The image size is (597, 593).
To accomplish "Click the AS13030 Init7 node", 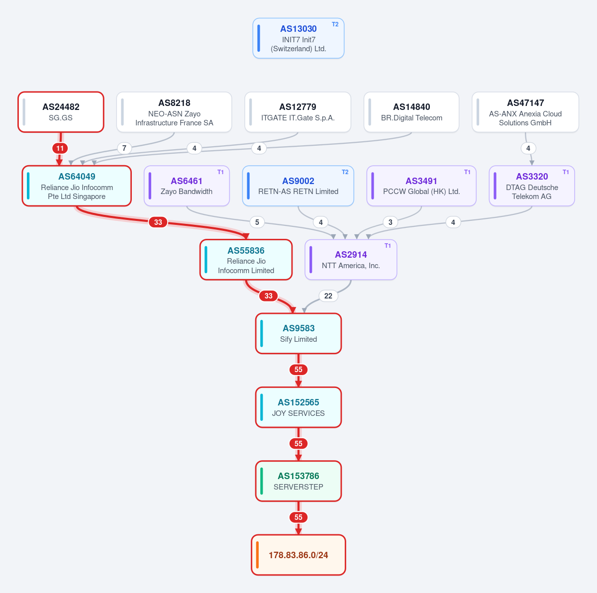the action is click(298, 38).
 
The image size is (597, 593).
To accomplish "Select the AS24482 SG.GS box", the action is click(61, 112).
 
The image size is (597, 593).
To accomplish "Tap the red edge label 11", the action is click(60, 148).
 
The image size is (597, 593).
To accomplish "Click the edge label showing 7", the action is click(124, 148).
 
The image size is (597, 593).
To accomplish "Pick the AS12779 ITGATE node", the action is click(298, 112).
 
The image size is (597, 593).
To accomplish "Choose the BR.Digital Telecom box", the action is click(411, 112).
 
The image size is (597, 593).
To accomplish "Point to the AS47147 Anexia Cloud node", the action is click(525, 112).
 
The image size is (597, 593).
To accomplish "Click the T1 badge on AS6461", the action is click(220, 172).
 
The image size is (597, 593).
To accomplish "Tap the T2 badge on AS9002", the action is click(345, 172).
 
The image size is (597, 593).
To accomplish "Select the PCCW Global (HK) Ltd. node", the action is click(421, 186).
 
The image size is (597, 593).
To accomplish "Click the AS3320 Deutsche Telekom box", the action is click(532, 186).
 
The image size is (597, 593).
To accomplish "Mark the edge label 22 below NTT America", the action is click(328, 296).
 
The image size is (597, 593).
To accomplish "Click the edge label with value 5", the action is click(257, 222).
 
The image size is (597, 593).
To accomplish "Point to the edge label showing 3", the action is click(391, 222).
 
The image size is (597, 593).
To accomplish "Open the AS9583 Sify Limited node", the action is click(298, 333).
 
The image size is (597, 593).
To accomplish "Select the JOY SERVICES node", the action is click(298, 407).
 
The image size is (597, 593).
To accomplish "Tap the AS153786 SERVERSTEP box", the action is click(298, 481).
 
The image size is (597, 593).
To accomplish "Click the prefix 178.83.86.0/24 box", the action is click(298, 555).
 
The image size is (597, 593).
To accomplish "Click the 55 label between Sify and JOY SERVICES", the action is click(298, 370).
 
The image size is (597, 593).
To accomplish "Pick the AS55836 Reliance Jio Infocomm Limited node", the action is click(246, 260).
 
